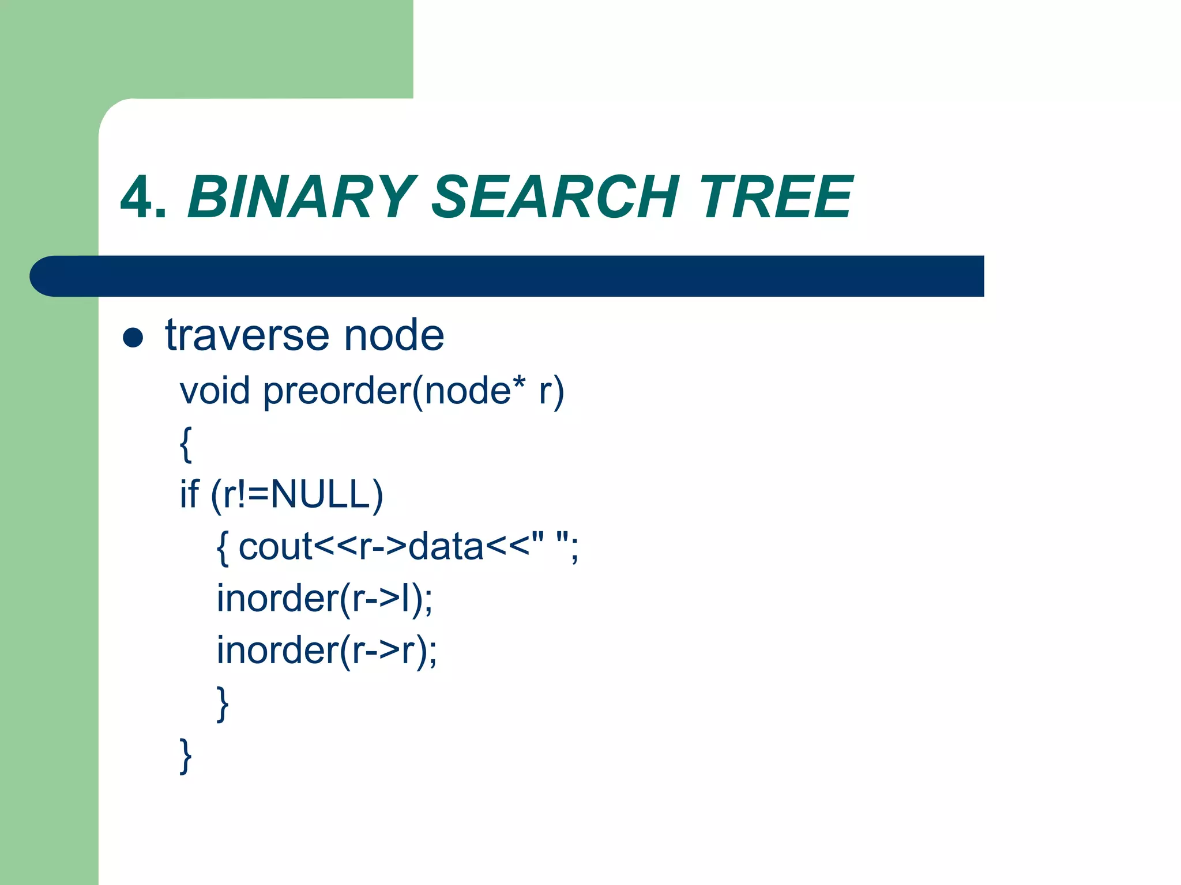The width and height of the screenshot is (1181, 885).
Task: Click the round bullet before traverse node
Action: click(133, 338)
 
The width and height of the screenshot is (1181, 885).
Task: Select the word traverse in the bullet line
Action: click(247, 335)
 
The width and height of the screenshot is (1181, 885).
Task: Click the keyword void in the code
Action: click(215, 391)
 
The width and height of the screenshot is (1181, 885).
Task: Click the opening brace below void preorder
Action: click(186, 444)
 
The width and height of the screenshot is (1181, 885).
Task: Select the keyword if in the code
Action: click(189, 494)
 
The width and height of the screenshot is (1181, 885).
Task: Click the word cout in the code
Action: click(275, 547)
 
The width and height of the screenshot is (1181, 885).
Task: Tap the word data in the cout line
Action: click(446, 547)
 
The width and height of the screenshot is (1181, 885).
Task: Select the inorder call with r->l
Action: click(325, 599)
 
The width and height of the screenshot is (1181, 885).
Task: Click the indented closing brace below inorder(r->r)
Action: click(223, 704)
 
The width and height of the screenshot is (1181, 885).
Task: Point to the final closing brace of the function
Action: click(186, 755)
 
